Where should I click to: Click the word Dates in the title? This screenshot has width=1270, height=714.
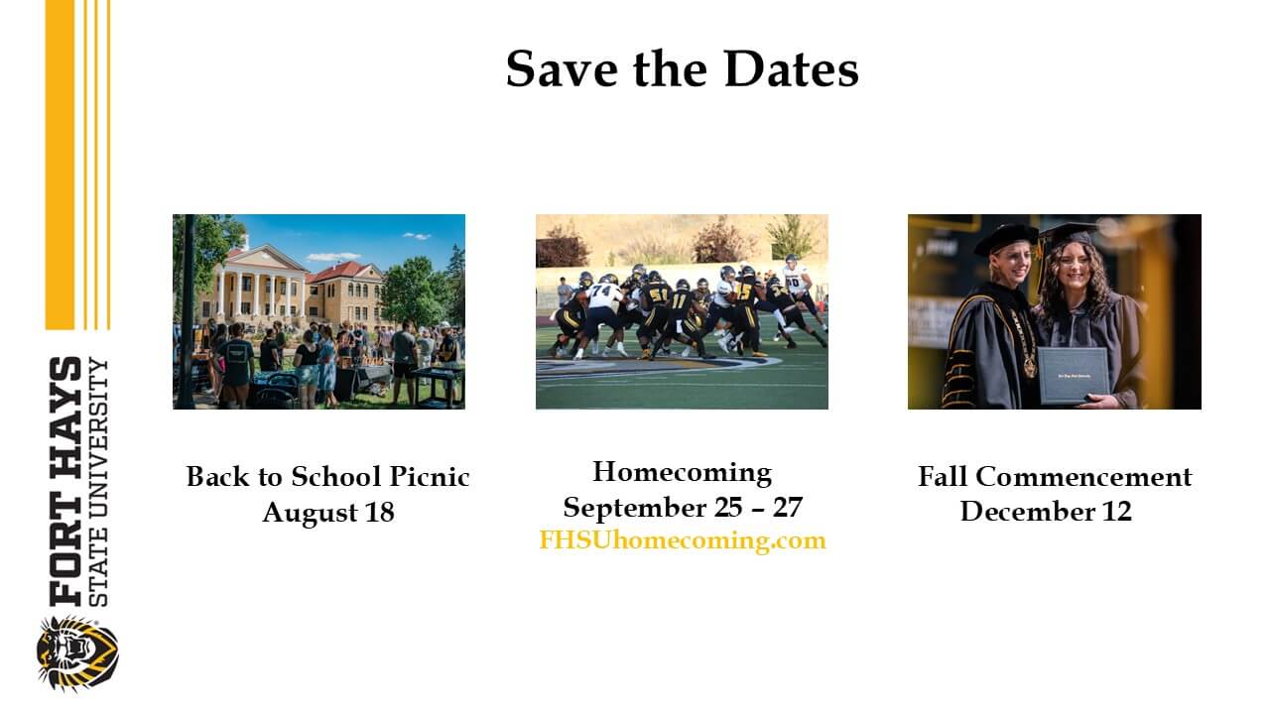click(790, 69)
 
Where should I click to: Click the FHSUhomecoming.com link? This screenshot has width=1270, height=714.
click(682, 540)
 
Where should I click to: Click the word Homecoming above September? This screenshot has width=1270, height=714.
click(682, 471)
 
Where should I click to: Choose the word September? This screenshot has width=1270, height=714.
click(634, 507)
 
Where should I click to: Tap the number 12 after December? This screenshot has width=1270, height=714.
click(1114, 512)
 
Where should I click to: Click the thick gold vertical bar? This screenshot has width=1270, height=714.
click(60, 164)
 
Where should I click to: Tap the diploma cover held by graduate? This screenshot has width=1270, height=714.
click(1074, 375)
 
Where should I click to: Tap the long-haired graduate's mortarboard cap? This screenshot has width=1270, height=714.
click(1068, 233)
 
